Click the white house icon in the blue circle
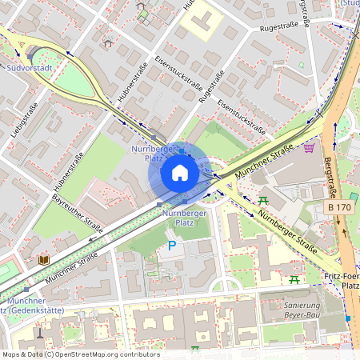click(180, 173)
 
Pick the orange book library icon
click(43, 259)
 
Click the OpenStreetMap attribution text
click(80, 354)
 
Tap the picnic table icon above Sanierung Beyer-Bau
click(294, 279)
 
